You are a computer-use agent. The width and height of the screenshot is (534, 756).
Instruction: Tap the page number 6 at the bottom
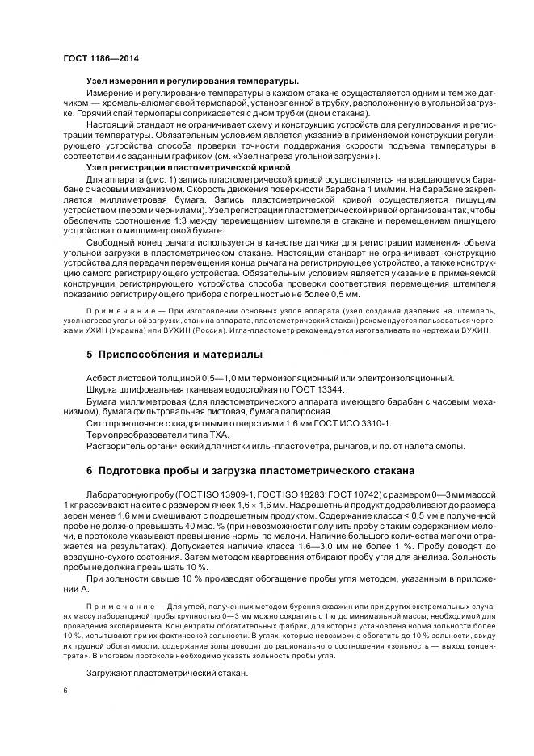point(65,691)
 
